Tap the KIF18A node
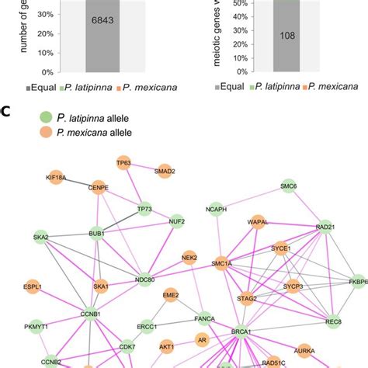pos(56,177)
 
